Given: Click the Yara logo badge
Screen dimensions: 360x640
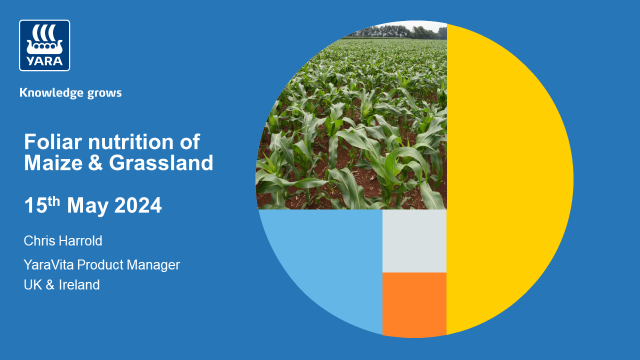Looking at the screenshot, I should click(x=44, y=45).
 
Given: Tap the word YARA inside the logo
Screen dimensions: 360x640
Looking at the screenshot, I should click(x=44, y=61).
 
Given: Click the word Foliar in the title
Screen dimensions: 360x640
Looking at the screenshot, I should click(x=52, y=142).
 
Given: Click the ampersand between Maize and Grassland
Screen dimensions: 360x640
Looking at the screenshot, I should click(x=95, y=163).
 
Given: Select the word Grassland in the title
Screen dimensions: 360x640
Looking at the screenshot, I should click(x=161, y=163).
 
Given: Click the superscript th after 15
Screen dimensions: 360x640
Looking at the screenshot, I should click(x=54, y=200).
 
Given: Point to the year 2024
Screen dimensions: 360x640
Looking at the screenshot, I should click(x=138, y=206).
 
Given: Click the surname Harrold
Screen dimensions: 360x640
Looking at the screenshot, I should click(x=80, y=241).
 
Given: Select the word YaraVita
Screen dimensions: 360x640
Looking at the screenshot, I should click(x=48, y=264).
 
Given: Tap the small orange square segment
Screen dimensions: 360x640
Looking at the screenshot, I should click(x=414, y=303).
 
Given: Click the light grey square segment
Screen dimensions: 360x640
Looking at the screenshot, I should click(x=414, y=241).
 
